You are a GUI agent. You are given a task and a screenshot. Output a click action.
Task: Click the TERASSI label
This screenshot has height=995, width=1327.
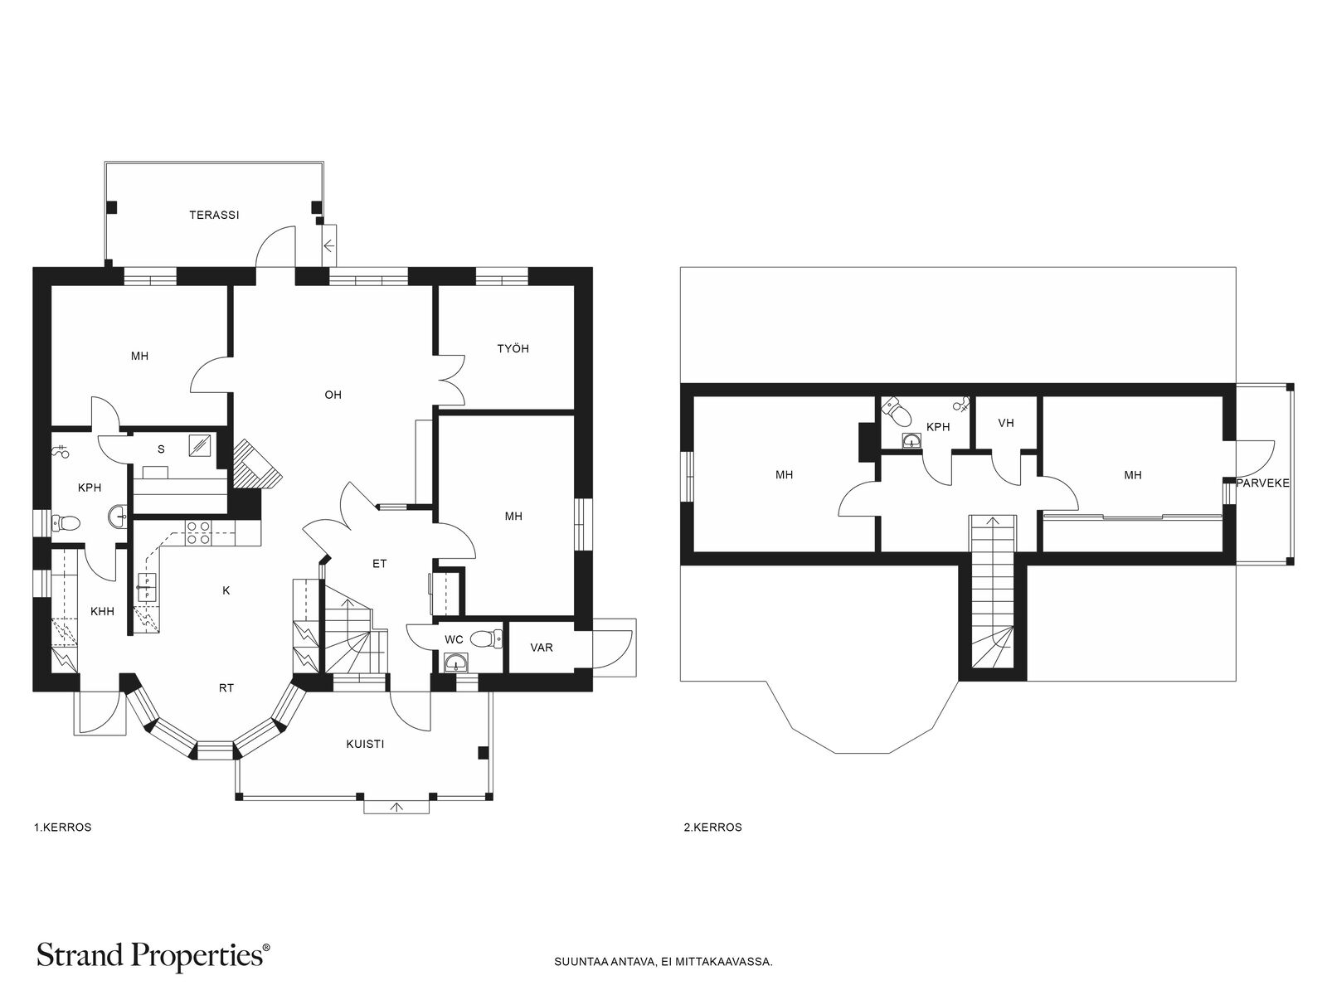214,215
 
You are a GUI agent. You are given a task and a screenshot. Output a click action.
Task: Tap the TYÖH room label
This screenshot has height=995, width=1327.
513,348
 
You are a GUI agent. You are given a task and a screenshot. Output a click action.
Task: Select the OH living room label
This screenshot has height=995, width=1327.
333,396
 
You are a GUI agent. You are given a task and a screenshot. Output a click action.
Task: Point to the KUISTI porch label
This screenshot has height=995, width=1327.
365,745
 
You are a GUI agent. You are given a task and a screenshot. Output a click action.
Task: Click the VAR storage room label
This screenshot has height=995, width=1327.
541,648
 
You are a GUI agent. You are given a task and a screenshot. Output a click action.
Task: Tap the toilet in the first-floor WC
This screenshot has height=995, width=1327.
486,638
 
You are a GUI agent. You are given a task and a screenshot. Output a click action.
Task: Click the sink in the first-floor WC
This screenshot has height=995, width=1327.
455,663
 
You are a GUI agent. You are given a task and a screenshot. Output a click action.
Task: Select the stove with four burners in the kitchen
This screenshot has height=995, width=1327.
198,532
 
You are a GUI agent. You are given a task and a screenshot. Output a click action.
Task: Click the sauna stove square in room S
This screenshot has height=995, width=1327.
202,445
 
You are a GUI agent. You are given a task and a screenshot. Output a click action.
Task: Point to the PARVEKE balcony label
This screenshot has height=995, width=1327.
1263,483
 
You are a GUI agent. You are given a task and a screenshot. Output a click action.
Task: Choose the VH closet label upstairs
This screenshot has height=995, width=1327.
1006,423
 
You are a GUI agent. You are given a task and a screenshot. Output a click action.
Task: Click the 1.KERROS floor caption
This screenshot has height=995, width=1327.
63,828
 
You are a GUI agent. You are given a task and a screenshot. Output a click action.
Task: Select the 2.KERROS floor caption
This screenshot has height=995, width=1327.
712,828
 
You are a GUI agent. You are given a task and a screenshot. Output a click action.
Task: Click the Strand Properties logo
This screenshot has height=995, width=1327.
153,956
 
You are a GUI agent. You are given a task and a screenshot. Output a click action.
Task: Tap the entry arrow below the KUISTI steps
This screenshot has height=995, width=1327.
396,807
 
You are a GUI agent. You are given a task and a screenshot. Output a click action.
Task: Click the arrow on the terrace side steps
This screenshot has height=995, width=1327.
329,246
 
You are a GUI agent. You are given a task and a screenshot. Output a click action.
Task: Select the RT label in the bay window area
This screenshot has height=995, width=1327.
226,688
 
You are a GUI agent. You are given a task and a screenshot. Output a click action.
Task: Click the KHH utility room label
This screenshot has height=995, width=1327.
102,611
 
